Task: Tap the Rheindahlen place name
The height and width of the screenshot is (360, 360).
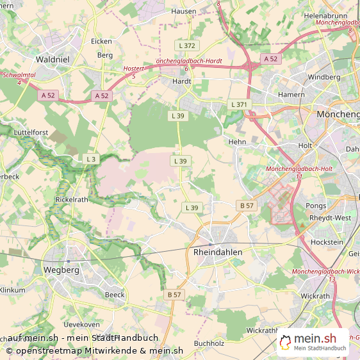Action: click(x=218, y=252)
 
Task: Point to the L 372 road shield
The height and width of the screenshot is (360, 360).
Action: click(x=188, y=45)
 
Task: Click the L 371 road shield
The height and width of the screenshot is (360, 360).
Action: click(x=238, y=104)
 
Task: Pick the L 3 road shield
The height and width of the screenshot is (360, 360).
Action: click(x=91, y=158)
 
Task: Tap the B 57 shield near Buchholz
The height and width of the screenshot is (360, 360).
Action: click(x=174, y=295)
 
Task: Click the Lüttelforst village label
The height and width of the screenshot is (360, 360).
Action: click(x=31, y=132)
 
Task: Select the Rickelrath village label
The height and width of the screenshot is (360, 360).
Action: click(x=72, y=199)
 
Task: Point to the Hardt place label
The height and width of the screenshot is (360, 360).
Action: click(x=182, y=81)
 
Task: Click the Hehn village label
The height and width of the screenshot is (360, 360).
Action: click(x=237, y=142)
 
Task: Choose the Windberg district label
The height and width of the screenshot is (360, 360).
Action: click(x=324, y=77)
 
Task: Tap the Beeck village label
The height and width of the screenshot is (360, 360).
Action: click(x=115, y=294)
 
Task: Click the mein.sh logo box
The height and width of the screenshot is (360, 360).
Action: click(x=313, y=342)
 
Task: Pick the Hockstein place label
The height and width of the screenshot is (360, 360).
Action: click(x=326, y=242)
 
